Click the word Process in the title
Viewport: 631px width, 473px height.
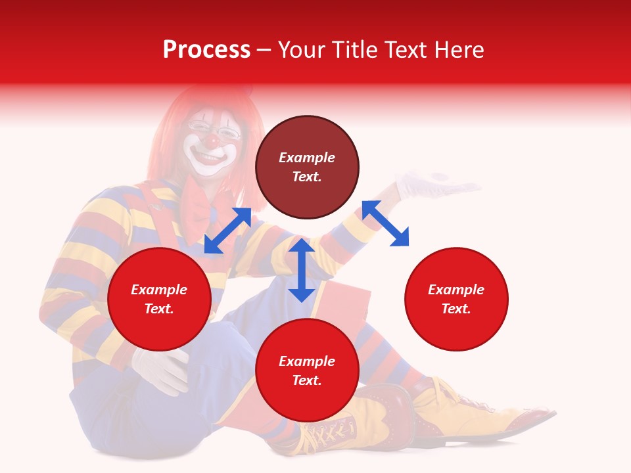[206, 50]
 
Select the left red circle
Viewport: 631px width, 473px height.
[159, 299]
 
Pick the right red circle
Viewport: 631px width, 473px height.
[456, 299]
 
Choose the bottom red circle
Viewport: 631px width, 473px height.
[307, 371]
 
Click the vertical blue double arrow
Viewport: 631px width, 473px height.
[302, 270]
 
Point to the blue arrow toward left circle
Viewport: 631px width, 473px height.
[227, 231]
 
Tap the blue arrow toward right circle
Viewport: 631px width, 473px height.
[385, 223]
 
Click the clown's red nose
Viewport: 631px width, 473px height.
[212, 140]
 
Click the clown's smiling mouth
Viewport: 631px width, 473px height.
[209, 158]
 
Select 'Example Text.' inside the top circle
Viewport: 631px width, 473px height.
[307, 167]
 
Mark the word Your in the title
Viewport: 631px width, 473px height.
[302, 50]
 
